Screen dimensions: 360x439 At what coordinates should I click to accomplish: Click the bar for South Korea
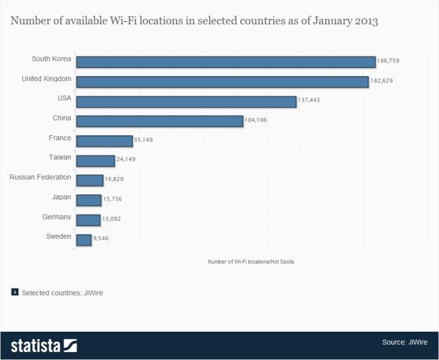[225, 62]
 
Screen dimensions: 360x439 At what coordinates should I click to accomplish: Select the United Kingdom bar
[222, 81]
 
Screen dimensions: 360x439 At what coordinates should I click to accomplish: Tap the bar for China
[159, 121]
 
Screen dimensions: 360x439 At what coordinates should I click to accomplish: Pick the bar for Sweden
[83, 240]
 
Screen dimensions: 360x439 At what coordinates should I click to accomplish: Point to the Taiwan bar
[95, 161]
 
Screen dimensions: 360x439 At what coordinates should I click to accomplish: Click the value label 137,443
[309, 100]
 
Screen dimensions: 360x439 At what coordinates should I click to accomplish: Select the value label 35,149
[143, 140]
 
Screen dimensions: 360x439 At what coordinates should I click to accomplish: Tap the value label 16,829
[115, 180]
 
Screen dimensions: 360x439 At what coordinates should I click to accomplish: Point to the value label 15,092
[112, 219]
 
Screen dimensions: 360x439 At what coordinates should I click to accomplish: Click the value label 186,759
[388, 61]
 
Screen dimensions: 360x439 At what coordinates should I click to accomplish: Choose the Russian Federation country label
[40, 177]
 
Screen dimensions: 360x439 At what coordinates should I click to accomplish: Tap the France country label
[60, 138]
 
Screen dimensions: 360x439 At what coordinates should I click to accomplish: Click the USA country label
[64, 98]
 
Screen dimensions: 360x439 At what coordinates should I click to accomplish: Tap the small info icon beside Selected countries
[14, 292]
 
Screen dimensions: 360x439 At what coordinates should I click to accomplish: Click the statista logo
[43, 345]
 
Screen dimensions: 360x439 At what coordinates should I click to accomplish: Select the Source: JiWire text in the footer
[406, 342]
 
